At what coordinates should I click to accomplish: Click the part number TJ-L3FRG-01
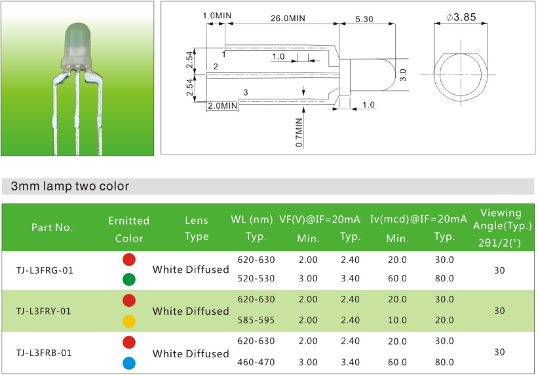point(45,270)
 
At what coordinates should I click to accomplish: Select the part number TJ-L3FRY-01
point(43,312)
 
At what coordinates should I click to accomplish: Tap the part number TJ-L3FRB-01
point(44,353)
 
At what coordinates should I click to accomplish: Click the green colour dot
point(129,279)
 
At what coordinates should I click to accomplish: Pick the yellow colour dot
point(129,321)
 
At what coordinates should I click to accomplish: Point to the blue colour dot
point(129,363)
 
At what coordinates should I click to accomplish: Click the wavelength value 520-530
point(256,278)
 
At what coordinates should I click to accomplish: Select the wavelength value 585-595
point(256,320)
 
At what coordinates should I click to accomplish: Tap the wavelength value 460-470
point(256,362)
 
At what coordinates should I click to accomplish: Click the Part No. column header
point(52,227)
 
